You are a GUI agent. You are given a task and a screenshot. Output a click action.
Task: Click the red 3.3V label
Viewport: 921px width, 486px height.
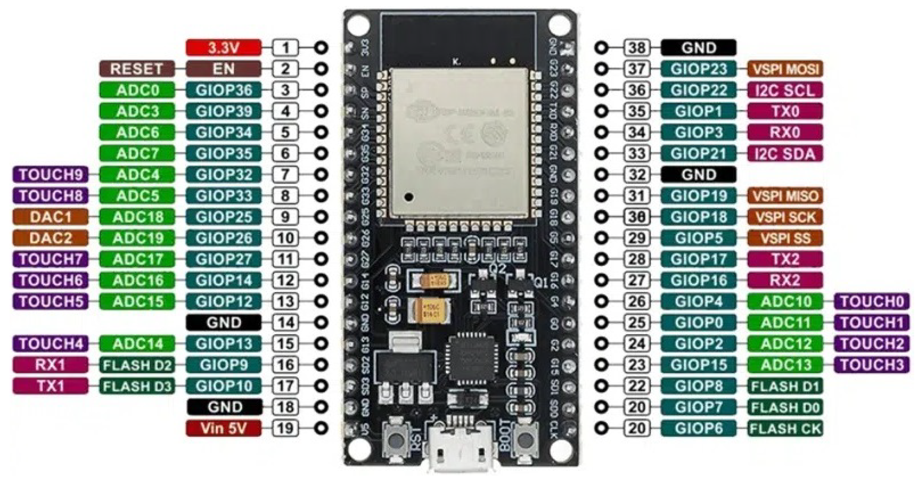coord(224,47)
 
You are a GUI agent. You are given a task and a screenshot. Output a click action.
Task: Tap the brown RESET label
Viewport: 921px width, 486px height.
coord(137,69)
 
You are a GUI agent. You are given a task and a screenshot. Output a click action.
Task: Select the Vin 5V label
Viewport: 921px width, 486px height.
coord(224,428)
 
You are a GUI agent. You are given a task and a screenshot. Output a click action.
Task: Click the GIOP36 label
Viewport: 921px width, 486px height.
coord(224,90)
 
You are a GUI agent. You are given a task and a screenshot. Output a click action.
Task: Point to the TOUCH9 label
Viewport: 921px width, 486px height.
coord(50,174)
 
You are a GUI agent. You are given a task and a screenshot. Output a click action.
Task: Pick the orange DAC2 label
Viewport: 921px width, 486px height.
coord(50,238)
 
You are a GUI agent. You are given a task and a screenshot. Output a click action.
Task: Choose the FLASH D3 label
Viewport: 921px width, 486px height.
coord(137,386)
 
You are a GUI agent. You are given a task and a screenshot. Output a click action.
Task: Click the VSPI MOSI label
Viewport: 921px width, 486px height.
coord(785,69)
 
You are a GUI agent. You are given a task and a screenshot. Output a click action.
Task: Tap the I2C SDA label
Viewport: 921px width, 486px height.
coord(785,153)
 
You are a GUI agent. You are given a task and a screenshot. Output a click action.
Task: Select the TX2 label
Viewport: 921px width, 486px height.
coord(785,259)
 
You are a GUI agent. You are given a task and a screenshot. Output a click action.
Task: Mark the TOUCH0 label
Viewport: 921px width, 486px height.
coord(872,301)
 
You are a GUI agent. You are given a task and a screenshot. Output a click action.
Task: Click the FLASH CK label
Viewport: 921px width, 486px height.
coord(785,428)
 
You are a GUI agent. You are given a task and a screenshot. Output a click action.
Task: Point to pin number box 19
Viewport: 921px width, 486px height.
coord(285,428)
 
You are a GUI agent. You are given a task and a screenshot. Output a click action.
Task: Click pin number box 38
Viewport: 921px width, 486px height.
coord(636,47)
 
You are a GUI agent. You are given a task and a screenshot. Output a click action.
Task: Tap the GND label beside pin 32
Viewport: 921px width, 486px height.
coord(698,174)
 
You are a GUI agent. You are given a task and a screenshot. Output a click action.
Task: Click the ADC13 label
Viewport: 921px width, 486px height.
coord(785,365)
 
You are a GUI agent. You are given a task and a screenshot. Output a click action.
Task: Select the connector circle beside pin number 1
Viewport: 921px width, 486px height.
coord(321,47)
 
